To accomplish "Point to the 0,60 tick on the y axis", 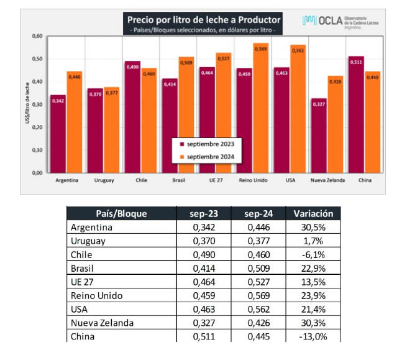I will (x=37, y=36).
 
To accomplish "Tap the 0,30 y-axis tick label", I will (x=37, y=104).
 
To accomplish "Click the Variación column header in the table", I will (x=313, y=214).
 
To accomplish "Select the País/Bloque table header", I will (x=121, y=214).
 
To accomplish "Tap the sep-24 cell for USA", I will (x=257, y=309).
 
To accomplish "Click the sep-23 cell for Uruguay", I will (x=202, y=241).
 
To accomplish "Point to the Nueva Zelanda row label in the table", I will (x=102, y=323).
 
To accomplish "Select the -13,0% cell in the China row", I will (x=313, y=336).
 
